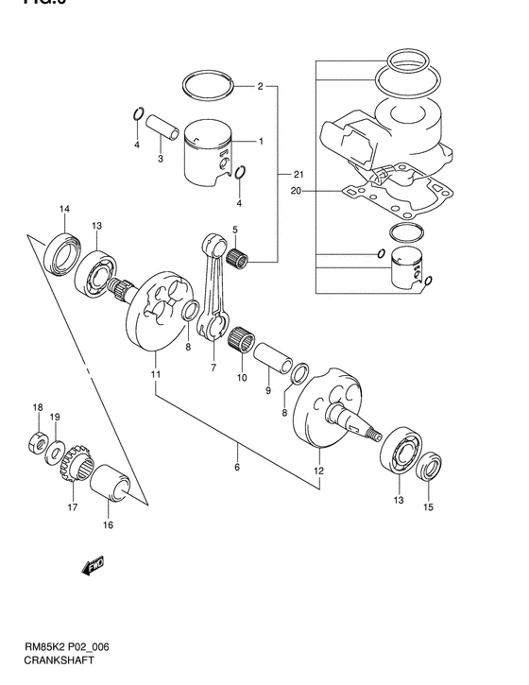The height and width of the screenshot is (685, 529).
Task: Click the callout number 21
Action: tap(298, 175)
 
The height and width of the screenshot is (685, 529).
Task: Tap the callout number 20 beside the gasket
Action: tap(296, 190)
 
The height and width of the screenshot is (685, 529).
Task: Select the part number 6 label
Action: tap(237, 467)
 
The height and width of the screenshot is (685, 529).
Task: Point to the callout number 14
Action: tap(64, 209)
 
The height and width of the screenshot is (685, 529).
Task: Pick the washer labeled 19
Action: tap(56, 450)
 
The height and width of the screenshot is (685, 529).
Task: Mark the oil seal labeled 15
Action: tap(430, 468)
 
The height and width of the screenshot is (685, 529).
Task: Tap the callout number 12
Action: tap(318, 470)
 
